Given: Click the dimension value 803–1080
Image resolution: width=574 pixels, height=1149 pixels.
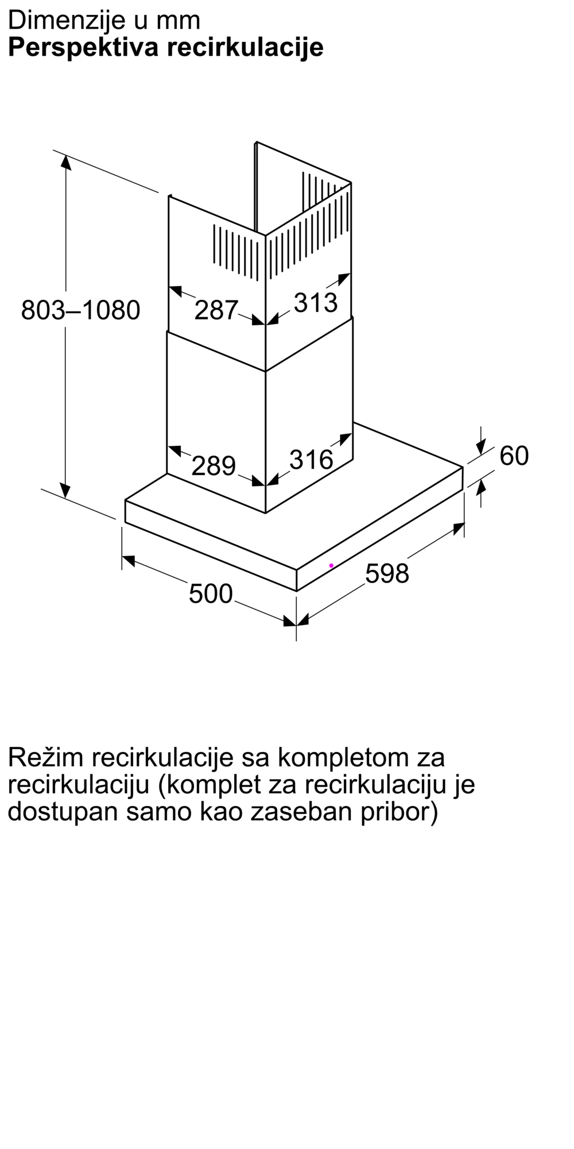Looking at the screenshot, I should tap(80, 310).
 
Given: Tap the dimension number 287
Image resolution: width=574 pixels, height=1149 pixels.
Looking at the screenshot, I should tap(216, 310).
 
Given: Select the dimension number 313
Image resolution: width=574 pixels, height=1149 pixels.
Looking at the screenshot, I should tap(315, 303).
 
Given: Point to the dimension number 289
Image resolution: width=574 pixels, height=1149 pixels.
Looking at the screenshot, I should tap(213, 465).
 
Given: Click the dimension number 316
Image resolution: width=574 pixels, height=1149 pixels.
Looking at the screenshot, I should tap(311, 460).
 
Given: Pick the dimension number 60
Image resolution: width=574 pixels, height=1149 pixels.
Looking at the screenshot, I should tap(514, 456).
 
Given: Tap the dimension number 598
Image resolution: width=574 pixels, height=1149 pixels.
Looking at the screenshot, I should tap(387, 573).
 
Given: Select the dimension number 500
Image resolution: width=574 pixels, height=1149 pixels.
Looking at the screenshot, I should tap(211, 593).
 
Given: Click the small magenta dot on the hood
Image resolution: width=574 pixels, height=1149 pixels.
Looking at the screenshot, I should tap(331, 566).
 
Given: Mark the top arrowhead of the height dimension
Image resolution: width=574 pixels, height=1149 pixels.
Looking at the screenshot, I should tap(66, 162).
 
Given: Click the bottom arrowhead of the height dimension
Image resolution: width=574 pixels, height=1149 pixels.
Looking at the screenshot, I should tap(66, 491).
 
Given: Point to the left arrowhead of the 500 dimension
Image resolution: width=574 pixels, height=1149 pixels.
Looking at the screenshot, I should tap(129, 560).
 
